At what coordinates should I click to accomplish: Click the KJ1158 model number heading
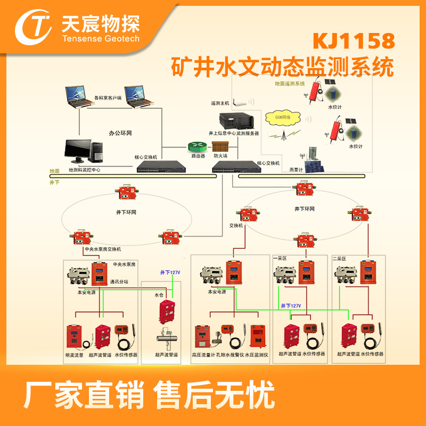(x=354, y=40)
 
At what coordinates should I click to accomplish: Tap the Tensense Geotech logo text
(x=101, y=38)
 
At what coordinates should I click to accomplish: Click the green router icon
(x=195, y=145)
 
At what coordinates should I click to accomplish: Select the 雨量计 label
(x=296, y=169)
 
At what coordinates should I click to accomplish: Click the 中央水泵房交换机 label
(x=103, y=249)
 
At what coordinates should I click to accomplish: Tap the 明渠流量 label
(x=75, y=354)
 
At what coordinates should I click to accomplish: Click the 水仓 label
(x=158, y=294)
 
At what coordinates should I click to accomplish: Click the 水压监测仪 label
(x=257, y=354)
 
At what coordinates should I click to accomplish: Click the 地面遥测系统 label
(x=289, y=84)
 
